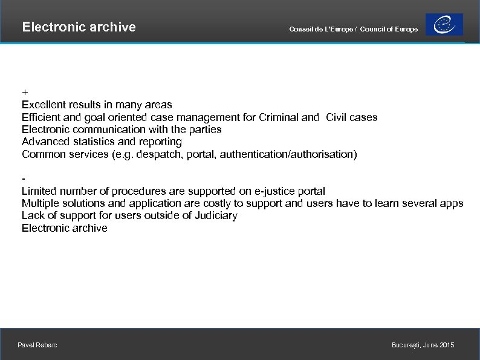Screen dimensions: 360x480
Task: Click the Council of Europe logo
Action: coord(444,25)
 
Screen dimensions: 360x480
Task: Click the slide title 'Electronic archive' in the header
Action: coord(79,27)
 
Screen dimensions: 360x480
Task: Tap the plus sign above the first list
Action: coord(25,92)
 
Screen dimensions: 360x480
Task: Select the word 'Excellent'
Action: coord(44,105)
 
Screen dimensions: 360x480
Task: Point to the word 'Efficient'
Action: coord(41,117)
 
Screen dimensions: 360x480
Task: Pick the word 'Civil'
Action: coord(336,117)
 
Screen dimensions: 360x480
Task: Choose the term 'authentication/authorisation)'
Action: coord(288,154)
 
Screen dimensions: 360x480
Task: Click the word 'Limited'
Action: coord(39,191)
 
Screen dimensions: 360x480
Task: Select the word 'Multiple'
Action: coord(41,203)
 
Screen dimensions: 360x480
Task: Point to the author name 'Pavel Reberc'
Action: coord(37,345)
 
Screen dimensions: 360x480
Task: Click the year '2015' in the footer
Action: coord(447,345)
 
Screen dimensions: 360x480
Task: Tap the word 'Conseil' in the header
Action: coord(300,30)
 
